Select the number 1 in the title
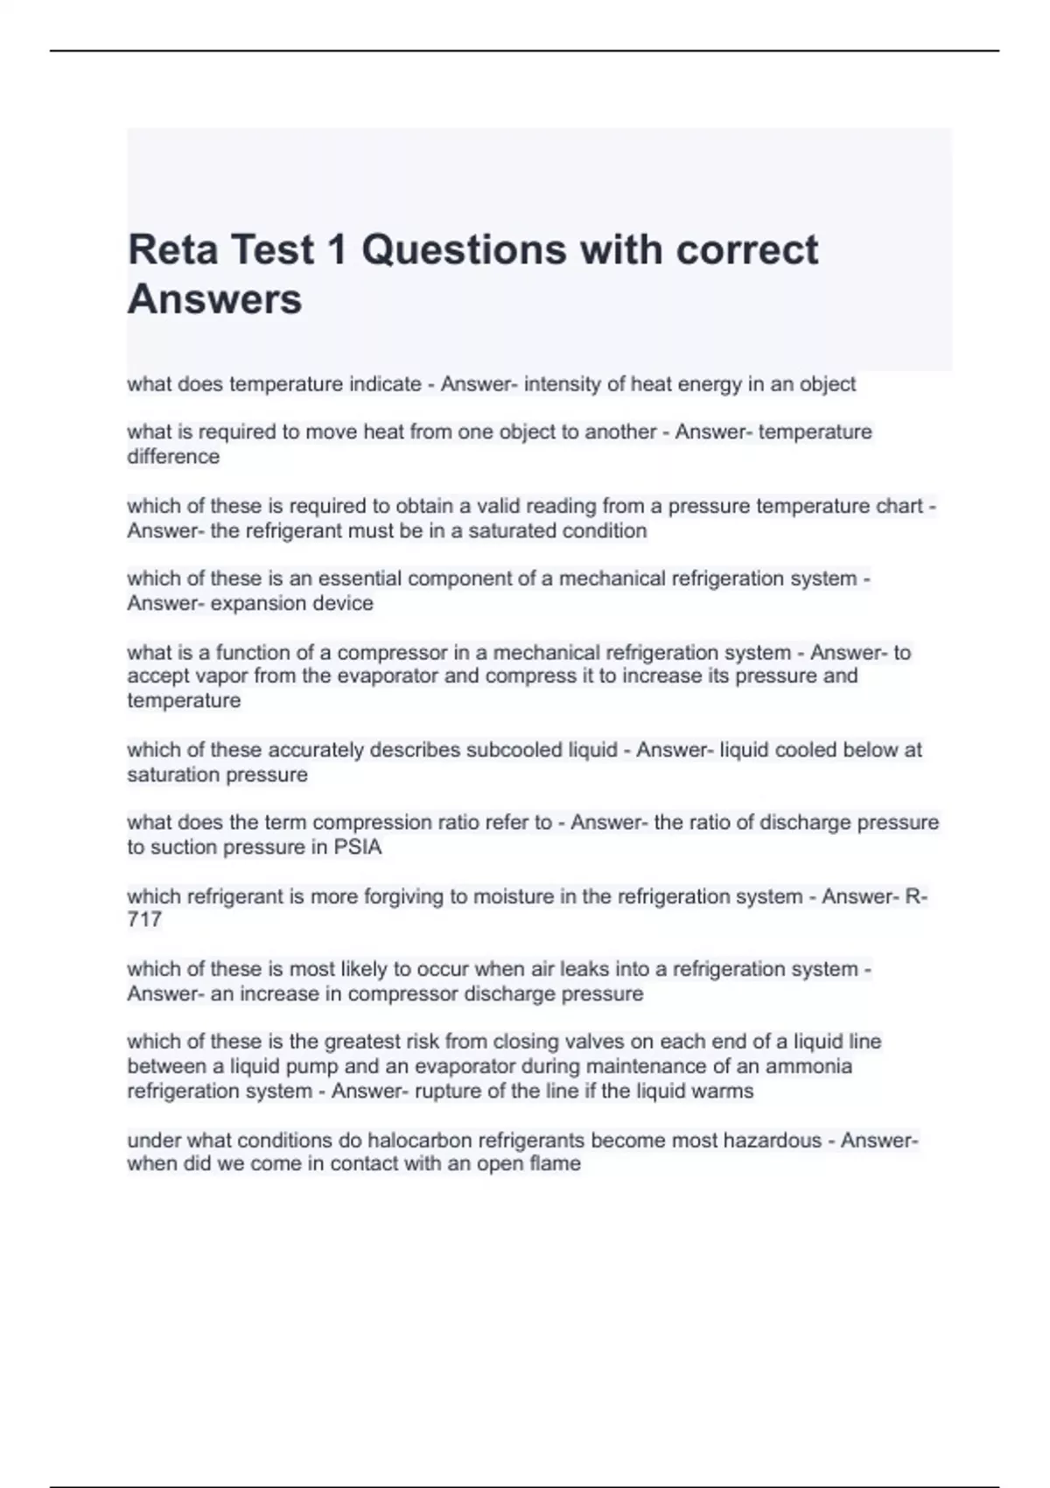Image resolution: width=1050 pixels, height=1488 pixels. point(336,249)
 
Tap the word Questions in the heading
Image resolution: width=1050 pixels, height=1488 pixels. point(464,249)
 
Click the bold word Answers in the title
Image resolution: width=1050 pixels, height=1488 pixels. point(214,299)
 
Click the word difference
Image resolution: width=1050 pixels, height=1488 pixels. point(173,457)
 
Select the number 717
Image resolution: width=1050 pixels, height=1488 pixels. point(144,920)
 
